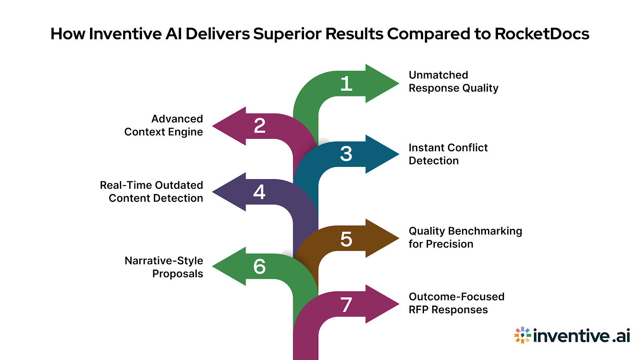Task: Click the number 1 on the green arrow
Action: point(346,84)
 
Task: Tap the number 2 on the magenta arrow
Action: point(260,126)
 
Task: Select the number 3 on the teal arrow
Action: point(346,154)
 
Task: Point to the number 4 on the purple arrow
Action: point(259,192)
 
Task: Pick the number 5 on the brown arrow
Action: point(346,239)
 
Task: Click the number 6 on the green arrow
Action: point(259,267)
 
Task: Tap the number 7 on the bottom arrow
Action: point(346,305)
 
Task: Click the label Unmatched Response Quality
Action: point(453,82)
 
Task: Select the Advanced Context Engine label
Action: point(164,125)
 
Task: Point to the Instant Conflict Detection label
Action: point(448,154)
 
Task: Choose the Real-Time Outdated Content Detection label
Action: point(152,192)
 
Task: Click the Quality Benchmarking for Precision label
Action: point(465,237)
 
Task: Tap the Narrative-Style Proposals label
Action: point(164,267)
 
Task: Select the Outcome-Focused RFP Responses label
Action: point(456,303)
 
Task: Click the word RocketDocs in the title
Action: point(542,34)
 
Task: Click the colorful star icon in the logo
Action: point(522,335)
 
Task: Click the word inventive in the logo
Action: point(571,336)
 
